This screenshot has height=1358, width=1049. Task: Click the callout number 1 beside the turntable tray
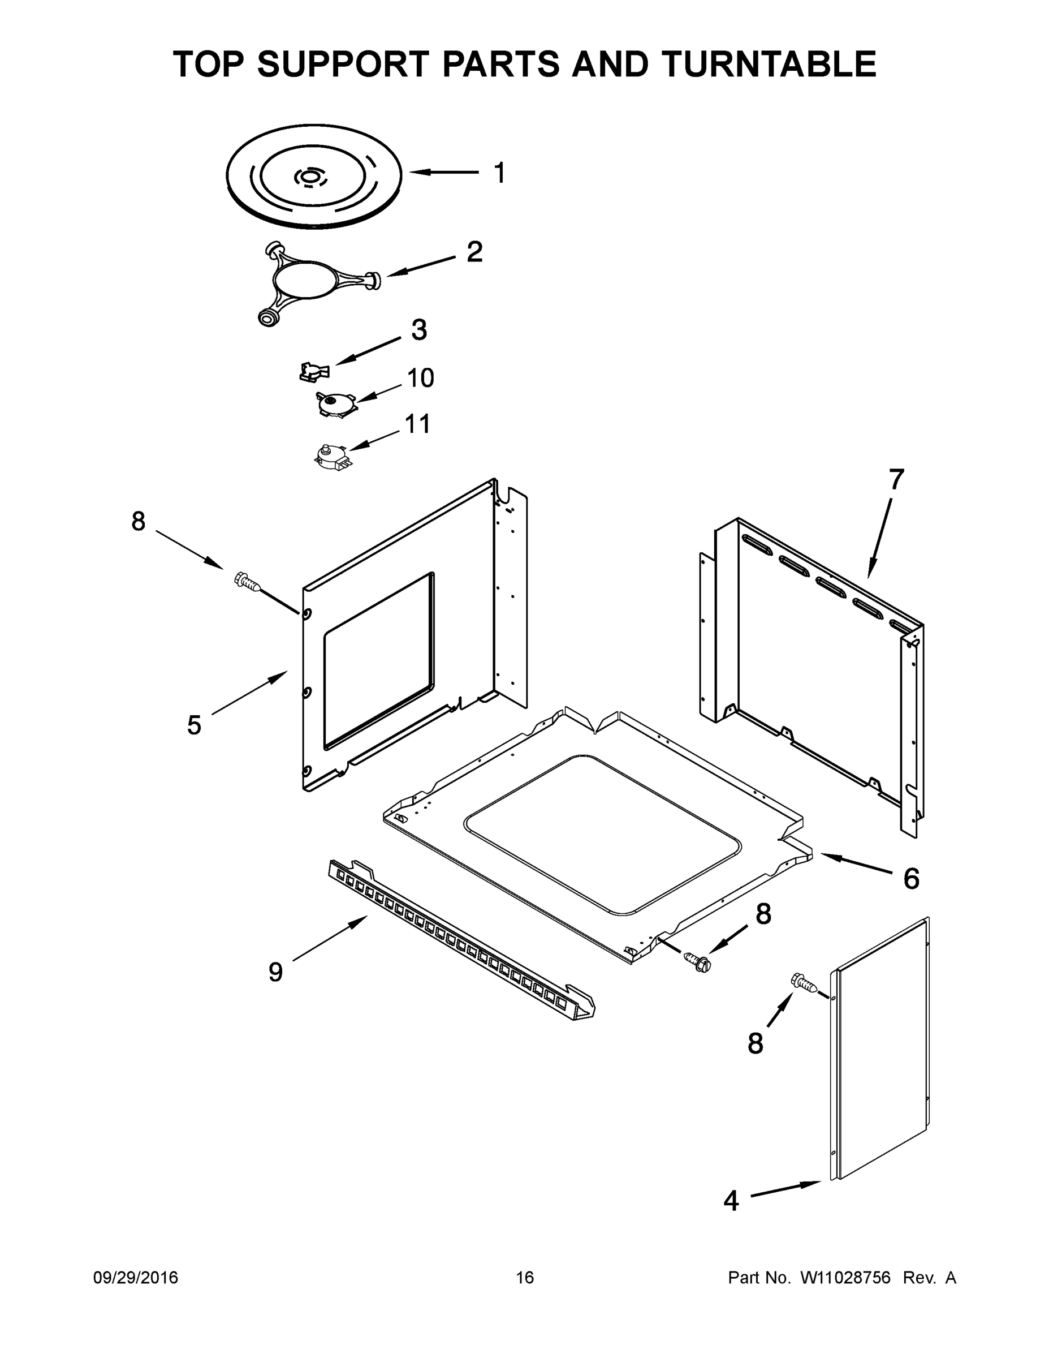click(499, 174)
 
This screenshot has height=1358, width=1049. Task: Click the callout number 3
click(419, 330)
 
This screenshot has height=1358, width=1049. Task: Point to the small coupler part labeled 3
click(313, 372)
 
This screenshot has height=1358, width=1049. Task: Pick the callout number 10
click(420, 378)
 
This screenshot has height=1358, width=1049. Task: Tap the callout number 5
click(195, 725)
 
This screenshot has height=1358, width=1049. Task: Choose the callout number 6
click(911, 879)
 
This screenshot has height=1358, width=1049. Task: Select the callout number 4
click(731, 1201)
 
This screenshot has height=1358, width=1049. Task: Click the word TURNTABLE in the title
click(769, 64)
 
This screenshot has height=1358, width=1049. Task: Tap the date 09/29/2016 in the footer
click(136, 1278)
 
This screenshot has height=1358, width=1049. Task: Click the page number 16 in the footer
click(525, 1278)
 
